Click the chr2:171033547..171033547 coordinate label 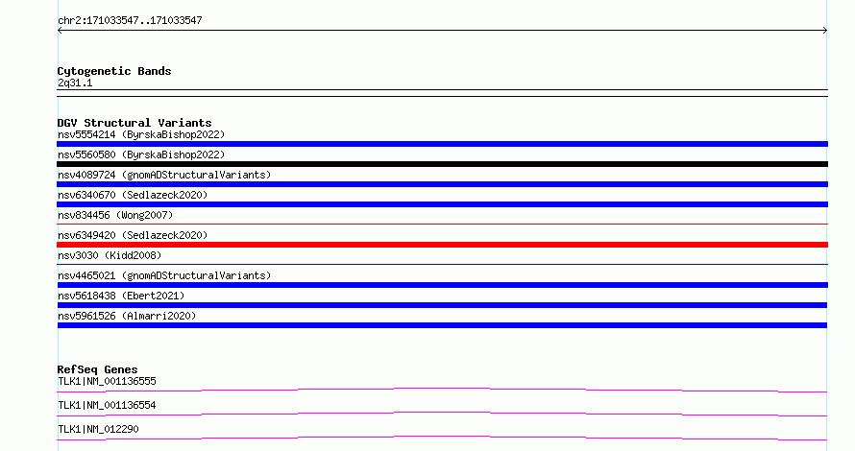pyautogui.click(x=130, y=21)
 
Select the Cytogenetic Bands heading pyautogui.click(x=114, y=71)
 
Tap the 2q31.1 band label pyautogui.click(x=75, y=83)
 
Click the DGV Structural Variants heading pyautogui.click(x=134, y=123)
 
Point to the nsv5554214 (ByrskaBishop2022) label pyautogui.click(x=141, y=134)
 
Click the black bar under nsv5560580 pyautogui.click(x=442, y=164)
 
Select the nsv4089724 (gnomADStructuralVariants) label pyautogui.click(x=164, y=175)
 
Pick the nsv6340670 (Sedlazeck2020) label pyautogui.click(x=133, y=195)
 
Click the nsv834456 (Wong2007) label pyautogui.click(x=115, y=215)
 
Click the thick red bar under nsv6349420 pyautogui.click(x=442, y=245)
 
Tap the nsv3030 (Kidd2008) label pyautogui.click(x=110, y=255)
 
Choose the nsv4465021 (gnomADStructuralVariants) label pyautogui.click(x=164, y=275)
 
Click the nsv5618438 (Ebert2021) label pyautogui.click(x=121, y=296)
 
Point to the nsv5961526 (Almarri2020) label pyautogui.click(x=127, y=316)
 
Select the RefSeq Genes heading pyautogui.click(x=97, y=369)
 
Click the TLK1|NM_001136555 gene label pyautogui.click(x=107, y=381)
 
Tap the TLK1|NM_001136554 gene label pyautogui.click(x=107, y=405)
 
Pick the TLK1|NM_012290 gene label pyautogui.click(x=98, y=429)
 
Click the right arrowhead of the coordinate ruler pyautogui.click(x=826, y=31)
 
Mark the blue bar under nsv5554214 pyautogui.click(x=442, y=144)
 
